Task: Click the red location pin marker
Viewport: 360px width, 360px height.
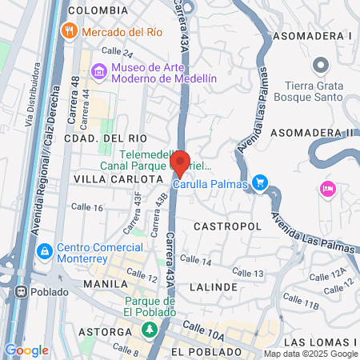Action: coord(180,163)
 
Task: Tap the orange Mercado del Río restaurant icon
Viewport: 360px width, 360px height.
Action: coord(70,31)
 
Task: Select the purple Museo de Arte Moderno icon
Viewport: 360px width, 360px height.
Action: coord(99,72)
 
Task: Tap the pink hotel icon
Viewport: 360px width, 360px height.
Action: coord(326,189)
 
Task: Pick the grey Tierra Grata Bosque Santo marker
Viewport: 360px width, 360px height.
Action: coord(320,64)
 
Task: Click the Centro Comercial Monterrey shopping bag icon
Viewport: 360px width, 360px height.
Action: coord(45,252)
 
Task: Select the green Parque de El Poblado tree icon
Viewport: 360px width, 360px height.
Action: coord(148,329)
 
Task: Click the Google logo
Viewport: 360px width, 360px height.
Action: coord(26,350)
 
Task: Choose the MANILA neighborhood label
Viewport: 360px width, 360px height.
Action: coord(106,284)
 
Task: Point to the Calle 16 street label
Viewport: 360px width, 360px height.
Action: coord(86,207)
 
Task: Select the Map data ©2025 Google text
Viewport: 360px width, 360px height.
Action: coord(311,354)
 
